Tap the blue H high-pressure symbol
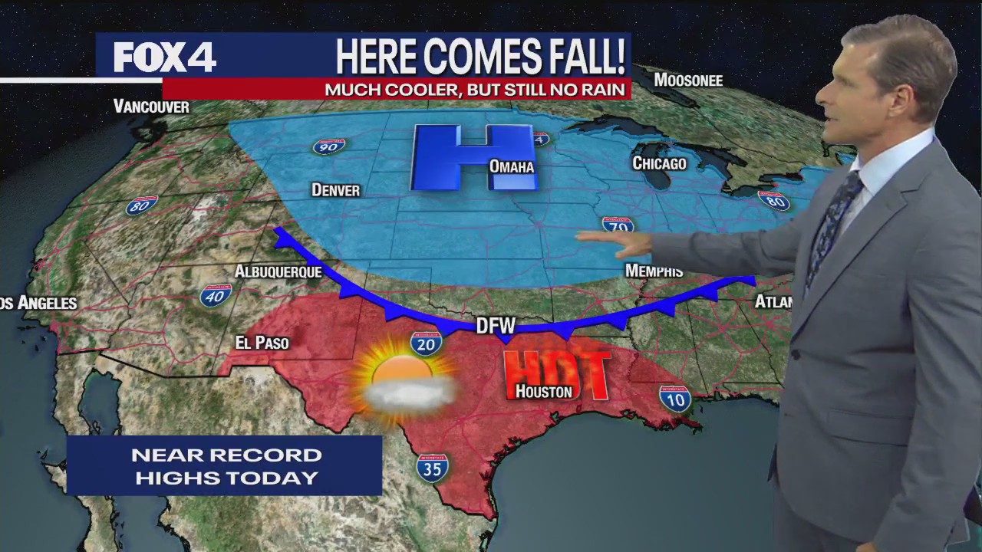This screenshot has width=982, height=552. (472, 156)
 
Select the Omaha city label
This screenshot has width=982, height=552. (511, 166)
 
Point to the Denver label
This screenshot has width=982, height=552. (335, 189)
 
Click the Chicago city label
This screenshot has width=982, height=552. (658, 163)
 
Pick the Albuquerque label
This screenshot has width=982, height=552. (278, 271)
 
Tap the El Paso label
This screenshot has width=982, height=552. (262, 343)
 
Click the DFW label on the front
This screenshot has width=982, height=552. (495, 325)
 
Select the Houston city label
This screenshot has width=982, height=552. (543, 391)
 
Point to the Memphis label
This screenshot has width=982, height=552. (654, 271)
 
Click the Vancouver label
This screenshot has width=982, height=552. (151, 107)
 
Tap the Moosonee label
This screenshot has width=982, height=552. (688, 80)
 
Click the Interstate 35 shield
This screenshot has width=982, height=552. (432, 467)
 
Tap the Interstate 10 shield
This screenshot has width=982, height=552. (674, 399)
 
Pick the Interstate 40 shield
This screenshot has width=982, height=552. (216, 295)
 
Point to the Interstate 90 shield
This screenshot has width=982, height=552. (328, 146)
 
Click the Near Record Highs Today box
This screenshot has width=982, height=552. (224, 465)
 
